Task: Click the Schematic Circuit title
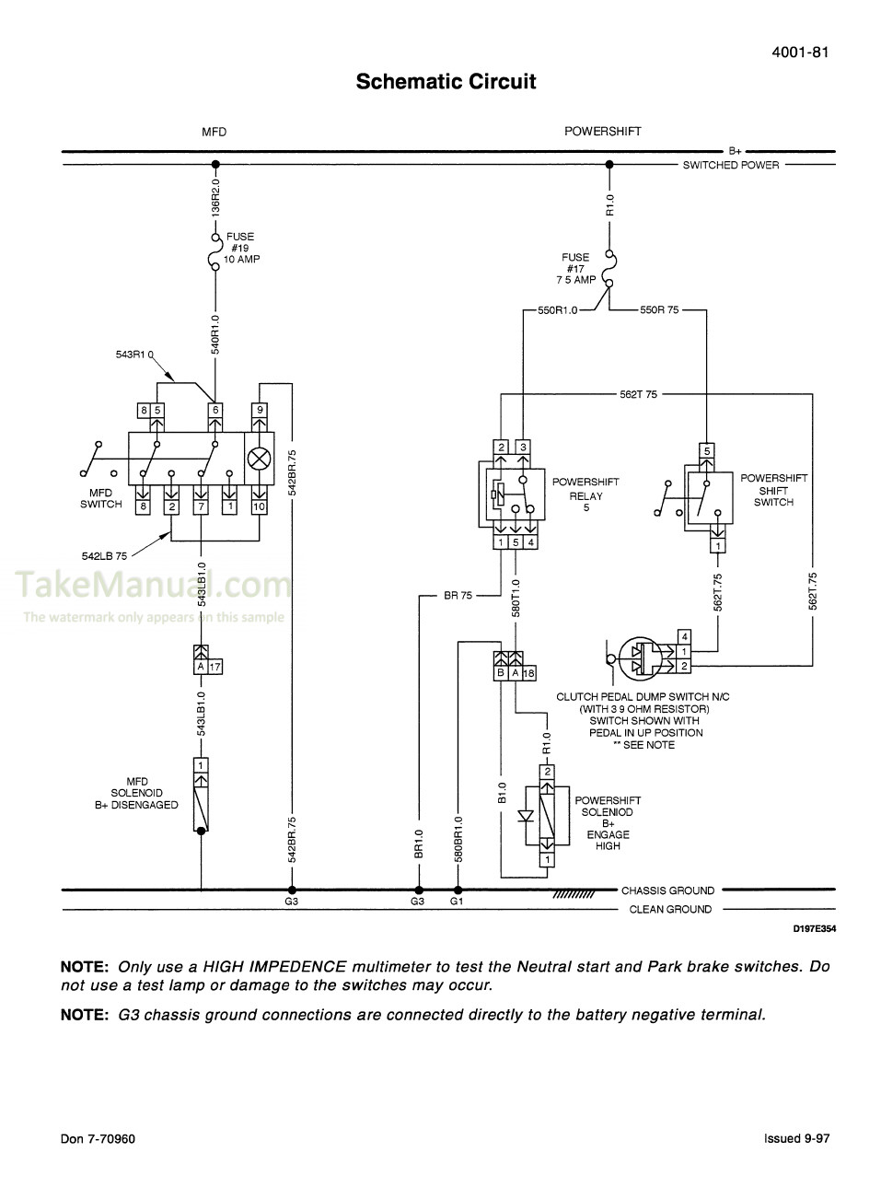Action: pyautogui.click(x=446, y=82)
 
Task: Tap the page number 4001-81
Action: pyautogui.click(x=800, y=52)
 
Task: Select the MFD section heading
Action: pyautogui.click(x=214, y=132)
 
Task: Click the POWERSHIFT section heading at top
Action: pyautogui.click(x=602, y=132)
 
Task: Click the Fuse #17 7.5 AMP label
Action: pyautogui.click(x=575, y=269)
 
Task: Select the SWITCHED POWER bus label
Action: pyautogui.click(x=730, y=166)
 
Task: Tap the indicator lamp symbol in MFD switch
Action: pyautogui.click(x=260, y=457)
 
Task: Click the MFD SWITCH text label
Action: pyautogui.click(x=100, y=498)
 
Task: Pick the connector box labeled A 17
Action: pyautogui.click(x=208, y=667)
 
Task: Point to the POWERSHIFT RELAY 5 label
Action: pyautogui.click(x=585, y=495)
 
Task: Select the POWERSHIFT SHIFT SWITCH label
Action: pyautogui.click(x=773, y=490)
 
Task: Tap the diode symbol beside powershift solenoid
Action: pyautogui.click(x=527, y=816)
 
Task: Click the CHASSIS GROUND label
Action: pyautogui.click(x=667, y=890)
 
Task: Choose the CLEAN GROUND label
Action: pyautogui.click(x=670, y=909)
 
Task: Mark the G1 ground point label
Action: pyautogui.click(x=457, y=902)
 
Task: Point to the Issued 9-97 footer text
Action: pyautogui.click(x=796, y=1138)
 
